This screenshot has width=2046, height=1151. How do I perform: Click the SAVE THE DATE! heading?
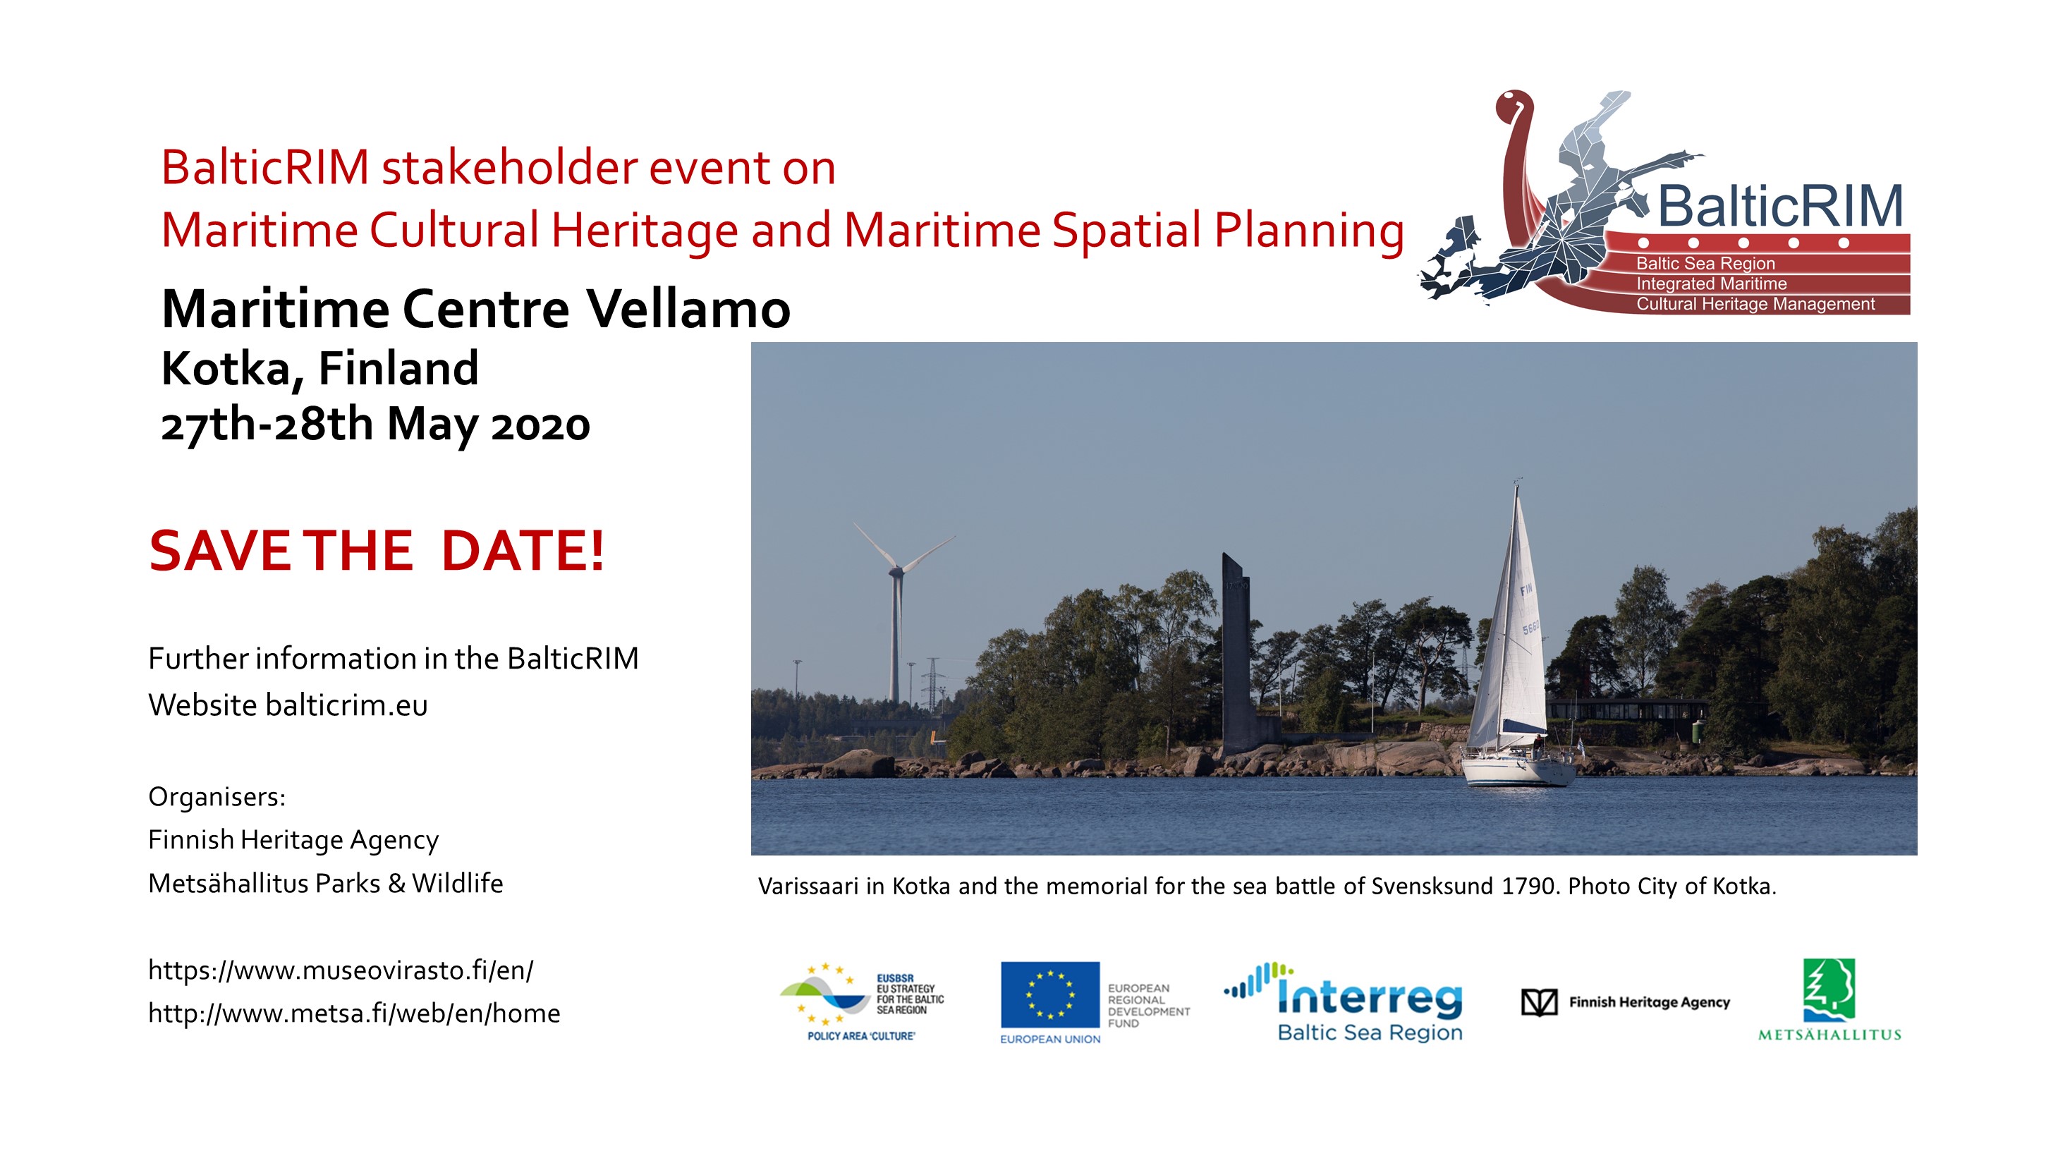coord(377,551)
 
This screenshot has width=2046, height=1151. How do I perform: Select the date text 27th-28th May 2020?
coord(375,424)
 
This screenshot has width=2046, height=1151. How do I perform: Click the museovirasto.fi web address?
coord(341,970)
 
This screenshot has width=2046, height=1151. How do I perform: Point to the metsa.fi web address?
coord(353,1013)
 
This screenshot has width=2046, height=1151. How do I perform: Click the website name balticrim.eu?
coord(346,705)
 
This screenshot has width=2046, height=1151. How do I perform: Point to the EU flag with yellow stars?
coord(1049,994)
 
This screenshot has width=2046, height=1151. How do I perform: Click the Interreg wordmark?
coord(1370,996)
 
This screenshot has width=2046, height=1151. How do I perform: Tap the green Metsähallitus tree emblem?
coord(1828,989)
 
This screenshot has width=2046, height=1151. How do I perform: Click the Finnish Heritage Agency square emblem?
coord(1538,1002)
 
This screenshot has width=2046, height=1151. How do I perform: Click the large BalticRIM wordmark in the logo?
coord(1780,207)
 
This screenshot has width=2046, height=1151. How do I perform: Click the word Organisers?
coord(217,797)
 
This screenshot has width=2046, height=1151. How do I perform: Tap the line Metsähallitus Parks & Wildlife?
coord(326,883)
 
